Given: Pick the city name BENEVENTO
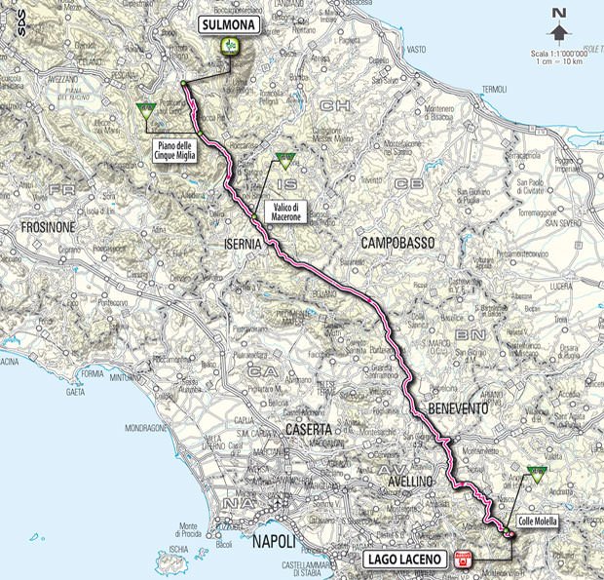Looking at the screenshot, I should tap(456, 409).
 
